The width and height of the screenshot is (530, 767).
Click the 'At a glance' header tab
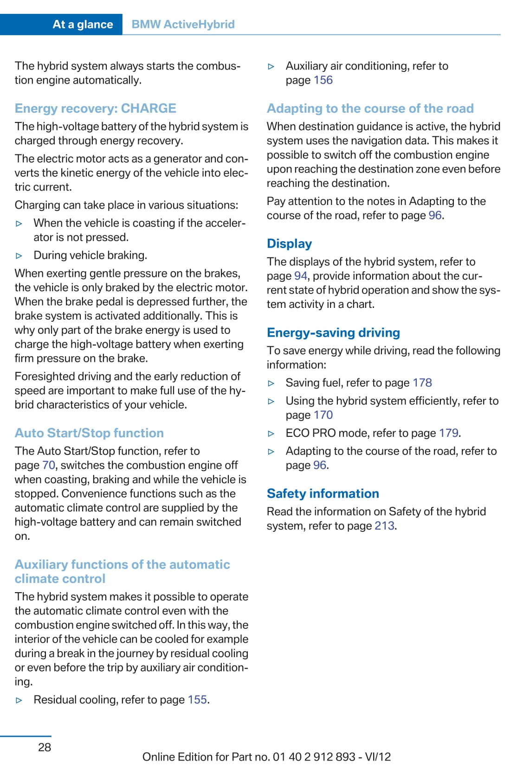click(x=83, y=24)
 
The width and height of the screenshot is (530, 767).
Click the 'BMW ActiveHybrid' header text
click(x=183, y=24)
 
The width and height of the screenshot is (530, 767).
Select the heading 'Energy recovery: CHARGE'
click(x=95, y=109)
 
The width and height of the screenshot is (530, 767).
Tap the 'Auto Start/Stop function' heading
click(x=89, y=433)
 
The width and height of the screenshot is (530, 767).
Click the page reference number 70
click(x=49, y=465)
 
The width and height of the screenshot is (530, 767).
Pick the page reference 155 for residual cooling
click(x=197, y=700)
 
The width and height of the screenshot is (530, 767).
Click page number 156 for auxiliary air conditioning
click(x=323, y=80)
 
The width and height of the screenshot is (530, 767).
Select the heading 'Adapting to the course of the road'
click(x=370, y=109)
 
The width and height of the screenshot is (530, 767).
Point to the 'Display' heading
click(x=289, y=244)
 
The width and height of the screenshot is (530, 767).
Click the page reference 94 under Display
click(x=301, y=276)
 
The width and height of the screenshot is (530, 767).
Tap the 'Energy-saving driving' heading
click(x=333, y=333)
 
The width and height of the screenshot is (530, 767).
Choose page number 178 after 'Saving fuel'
click(x=422, y=383)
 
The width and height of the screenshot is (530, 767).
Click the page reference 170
click(x=323, y=415)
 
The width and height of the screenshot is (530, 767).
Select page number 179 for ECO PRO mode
click(x=449, y=433)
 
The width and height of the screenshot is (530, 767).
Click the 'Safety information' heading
click(x=323, y=494)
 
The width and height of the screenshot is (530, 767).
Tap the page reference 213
click(x=384, y=526)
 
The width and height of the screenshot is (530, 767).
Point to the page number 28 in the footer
click(x=45, y=747)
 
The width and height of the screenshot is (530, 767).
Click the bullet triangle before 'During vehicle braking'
click(x=19, y=256)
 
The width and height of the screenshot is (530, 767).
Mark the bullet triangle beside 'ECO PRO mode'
click(x=271, y=434)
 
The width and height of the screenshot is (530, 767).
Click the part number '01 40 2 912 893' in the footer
click(x=314, y=757)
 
